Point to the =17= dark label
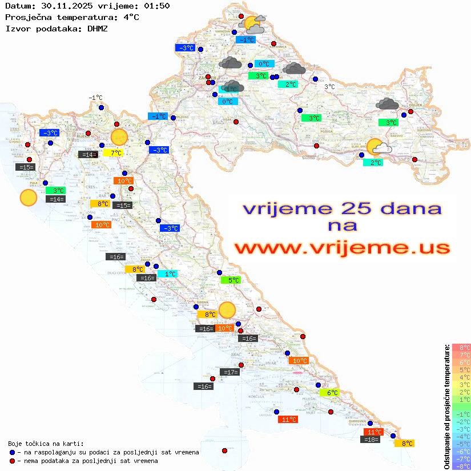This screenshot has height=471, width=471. pos(230,372)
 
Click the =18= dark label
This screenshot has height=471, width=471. pos(372,440)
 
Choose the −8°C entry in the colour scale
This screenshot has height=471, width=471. pos(461,466)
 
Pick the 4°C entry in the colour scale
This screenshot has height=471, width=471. pos(461,377)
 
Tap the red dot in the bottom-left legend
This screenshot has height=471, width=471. pos(13,461)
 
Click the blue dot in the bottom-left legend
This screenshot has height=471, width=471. pos(13,452)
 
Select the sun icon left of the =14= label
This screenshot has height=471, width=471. pos(28,198)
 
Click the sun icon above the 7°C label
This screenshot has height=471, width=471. pos(119,137)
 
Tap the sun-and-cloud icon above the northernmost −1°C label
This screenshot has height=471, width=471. pos(253,25)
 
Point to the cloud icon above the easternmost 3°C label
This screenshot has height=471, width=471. pos(388,104)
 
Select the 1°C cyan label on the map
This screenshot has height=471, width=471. pos(170,274)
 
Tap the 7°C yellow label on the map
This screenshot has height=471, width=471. pos(116,153)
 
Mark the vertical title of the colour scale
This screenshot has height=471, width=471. pos(446,406)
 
